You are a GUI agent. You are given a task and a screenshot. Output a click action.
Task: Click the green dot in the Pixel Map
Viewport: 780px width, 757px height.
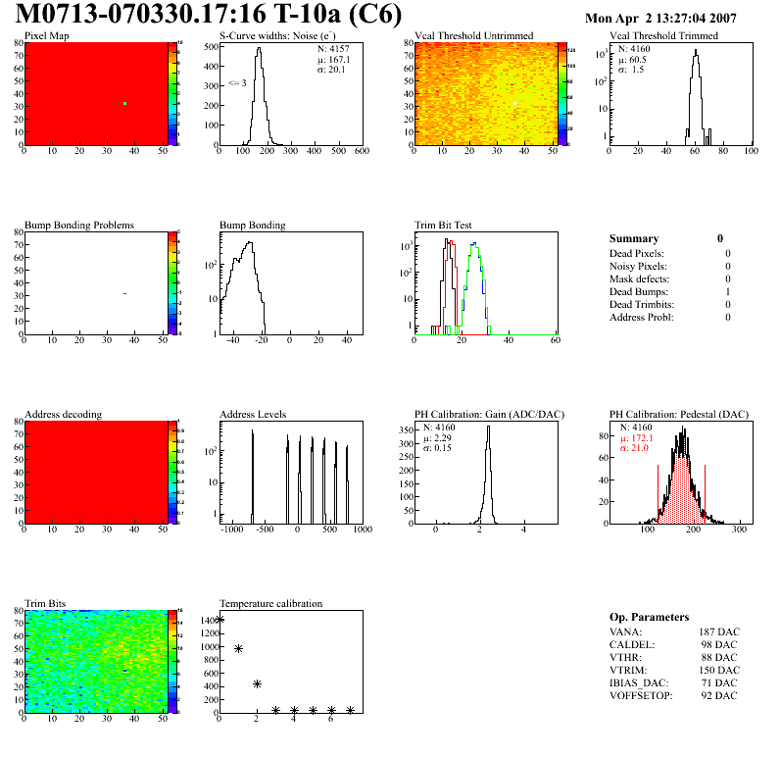click(125, 104)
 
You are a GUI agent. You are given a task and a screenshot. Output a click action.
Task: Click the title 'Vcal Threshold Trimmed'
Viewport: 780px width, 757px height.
click(663, 36)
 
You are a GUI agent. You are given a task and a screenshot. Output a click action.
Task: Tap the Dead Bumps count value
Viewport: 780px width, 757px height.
click(728, 291)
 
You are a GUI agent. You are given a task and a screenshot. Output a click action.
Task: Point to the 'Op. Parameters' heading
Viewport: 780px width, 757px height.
click(649, 617)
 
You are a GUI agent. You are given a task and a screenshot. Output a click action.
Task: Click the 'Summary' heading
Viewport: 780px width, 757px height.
click(634, 238)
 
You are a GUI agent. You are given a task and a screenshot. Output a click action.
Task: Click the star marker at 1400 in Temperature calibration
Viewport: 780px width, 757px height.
click(219, 619)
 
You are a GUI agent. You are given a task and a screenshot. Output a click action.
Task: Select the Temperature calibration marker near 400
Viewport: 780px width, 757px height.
click(257, 683)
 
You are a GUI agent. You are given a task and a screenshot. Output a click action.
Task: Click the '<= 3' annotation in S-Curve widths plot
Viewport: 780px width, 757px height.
click(236, 82)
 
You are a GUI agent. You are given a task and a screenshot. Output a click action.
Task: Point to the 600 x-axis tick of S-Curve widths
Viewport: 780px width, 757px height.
click(361, 152)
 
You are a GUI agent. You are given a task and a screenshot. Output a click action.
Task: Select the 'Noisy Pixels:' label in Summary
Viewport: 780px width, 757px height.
click(638, 266)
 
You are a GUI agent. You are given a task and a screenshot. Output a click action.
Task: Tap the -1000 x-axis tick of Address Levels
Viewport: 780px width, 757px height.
click(232, 530)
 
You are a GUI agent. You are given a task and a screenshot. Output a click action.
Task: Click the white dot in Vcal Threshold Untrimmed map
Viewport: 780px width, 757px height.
click(514, 103)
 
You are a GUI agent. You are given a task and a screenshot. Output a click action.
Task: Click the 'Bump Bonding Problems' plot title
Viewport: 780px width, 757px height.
click(79, 226)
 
